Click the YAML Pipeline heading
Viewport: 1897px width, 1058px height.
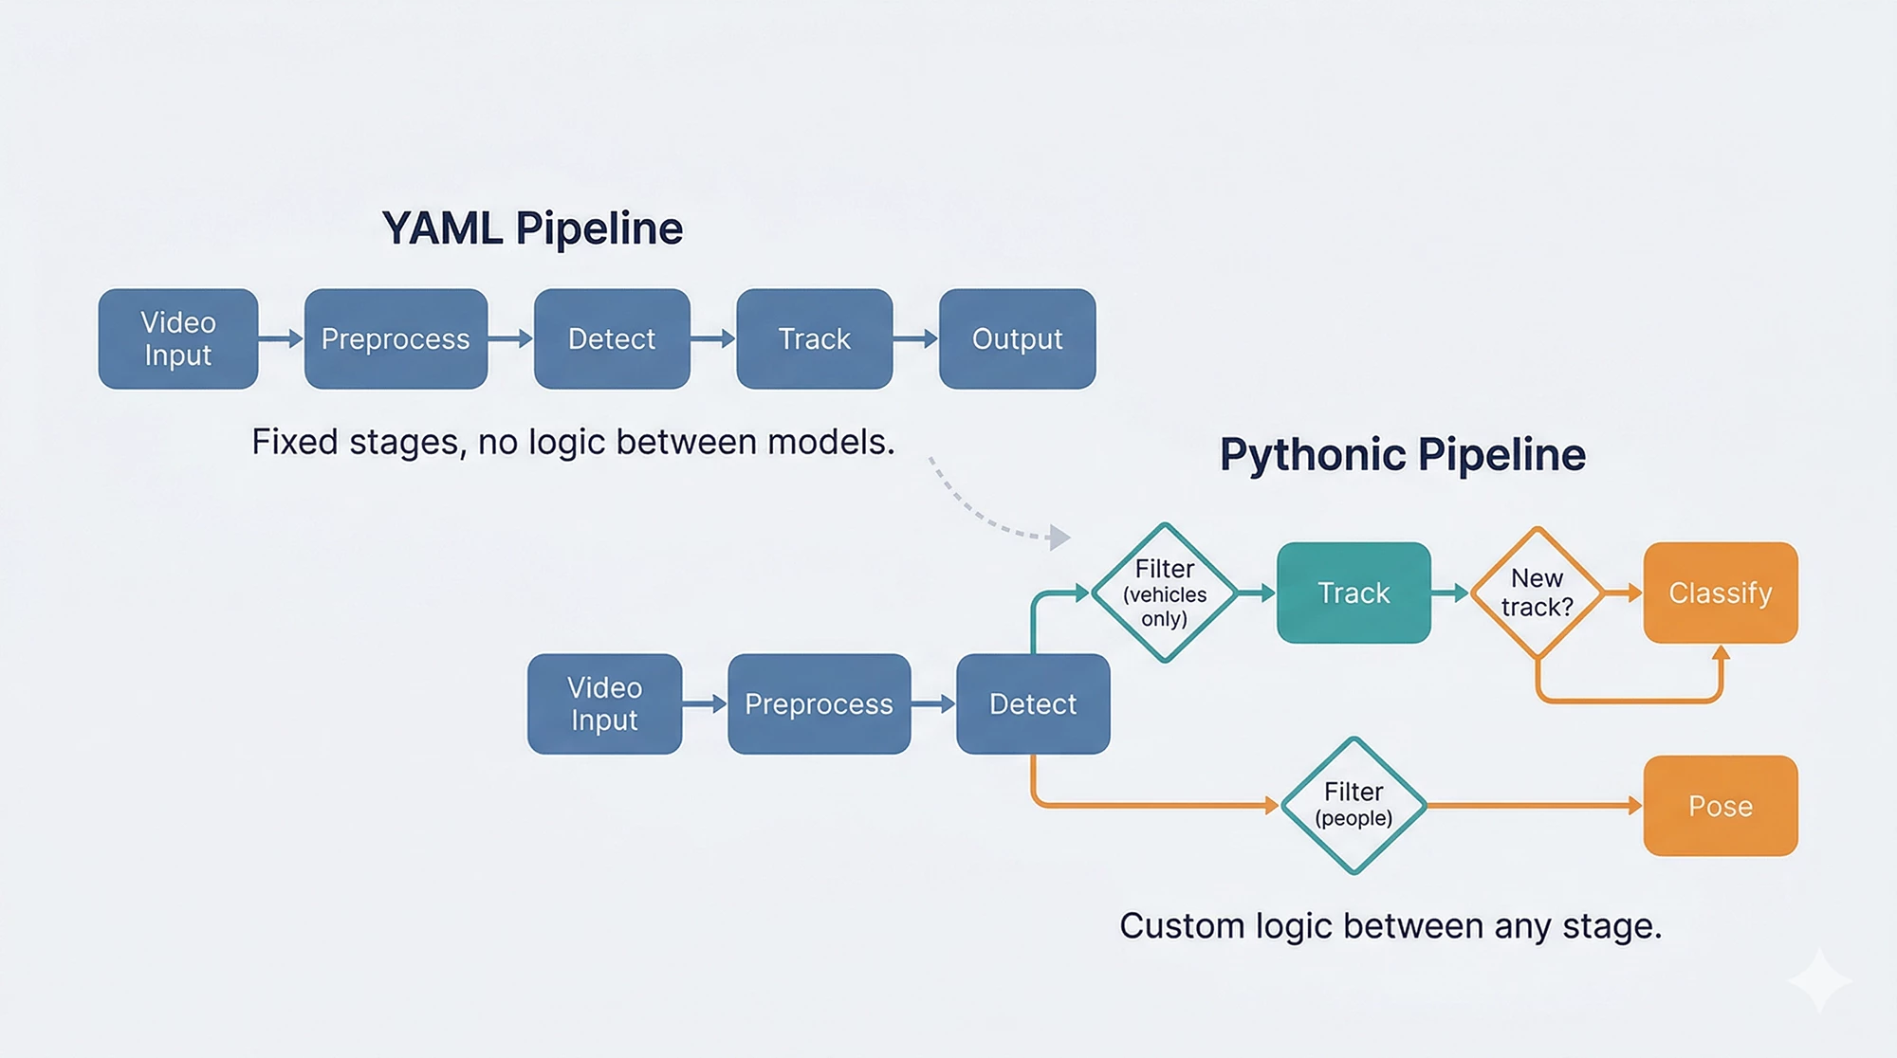point(532,228)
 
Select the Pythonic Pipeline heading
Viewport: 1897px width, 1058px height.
point(1403,455)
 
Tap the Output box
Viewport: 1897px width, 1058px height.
point(1018,338)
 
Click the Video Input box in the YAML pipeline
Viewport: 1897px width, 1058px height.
point(178,338)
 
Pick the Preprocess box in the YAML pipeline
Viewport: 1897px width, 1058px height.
point(396,338)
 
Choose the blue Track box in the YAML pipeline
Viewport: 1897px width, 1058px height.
point(815,338)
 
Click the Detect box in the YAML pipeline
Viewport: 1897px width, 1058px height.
point(612,338)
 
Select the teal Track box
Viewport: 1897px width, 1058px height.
point(1354,593)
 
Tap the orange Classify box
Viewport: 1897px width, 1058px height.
point(1721,593)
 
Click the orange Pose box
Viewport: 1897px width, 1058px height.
point(1721,806)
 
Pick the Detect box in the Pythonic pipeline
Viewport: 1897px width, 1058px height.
point(1033,703)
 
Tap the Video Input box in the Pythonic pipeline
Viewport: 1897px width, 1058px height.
point(604,703)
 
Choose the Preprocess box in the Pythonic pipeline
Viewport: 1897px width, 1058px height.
point(820,703)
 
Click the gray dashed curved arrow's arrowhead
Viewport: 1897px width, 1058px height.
point(1059,538)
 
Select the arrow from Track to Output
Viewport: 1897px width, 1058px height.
point(915,338)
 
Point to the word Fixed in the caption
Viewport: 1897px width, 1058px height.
point(295,442)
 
